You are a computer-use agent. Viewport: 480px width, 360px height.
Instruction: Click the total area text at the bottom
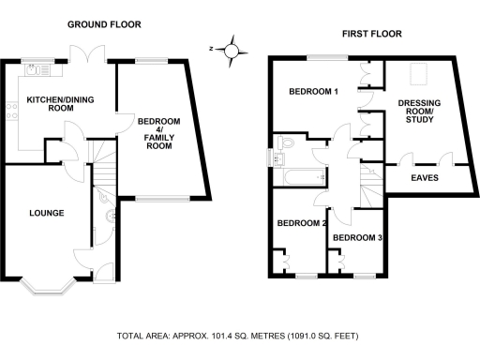[237, 336]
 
